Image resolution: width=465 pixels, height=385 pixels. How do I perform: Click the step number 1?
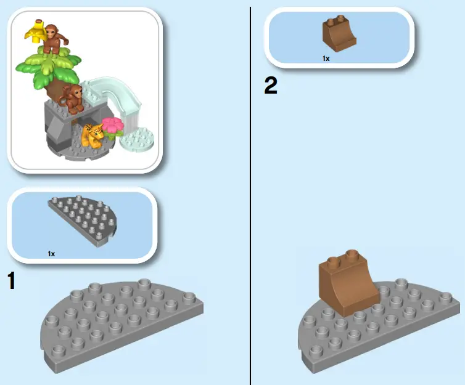[10, 281]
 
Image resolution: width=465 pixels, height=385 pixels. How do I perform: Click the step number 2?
[271, 85]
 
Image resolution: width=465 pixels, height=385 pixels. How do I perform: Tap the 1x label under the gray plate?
[52, 253]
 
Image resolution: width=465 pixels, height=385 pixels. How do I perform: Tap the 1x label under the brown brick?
[326, 58]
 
